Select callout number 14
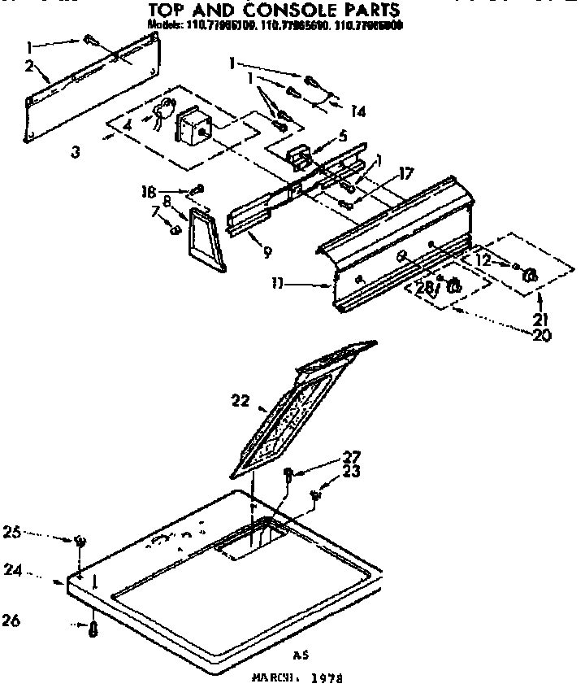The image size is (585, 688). pyautogui.click(x=355, y=110)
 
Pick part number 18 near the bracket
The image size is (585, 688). pyautogui.click(x=148, y=192)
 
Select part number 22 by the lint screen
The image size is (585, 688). pyautogui.click(x=239, y=400)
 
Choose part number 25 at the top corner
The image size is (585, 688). pyautogui.click(x=32, y=533)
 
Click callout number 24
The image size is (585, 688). pyautogui.click(x=33, y=571)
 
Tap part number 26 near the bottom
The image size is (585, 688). pyautogui.click(x=33, y=622)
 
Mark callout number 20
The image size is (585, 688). pyautogui.click(x=539, y=333)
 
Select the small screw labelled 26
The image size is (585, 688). pyautogui.click(x=94, y=630)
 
